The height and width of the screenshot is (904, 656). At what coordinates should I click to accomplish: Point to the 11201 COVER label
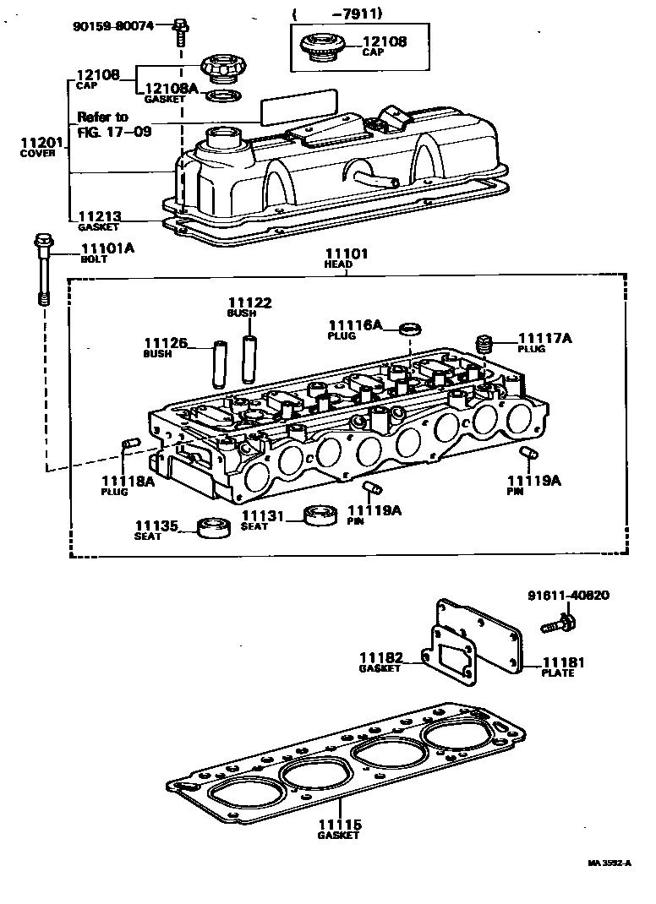pos(38,149)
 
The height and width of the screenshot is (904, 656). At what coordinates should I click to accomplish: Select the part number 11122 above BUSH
pos(248,307)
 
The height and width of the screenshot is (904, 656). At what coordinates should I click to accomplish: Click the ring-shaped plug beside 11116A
pos(410,328)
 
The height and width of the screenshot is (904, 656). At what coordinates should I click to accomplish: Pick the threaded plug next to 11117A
pos(485,342)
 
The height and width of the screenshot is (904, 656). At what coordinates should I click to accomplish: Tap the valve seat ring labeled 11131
pos(318,515)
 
